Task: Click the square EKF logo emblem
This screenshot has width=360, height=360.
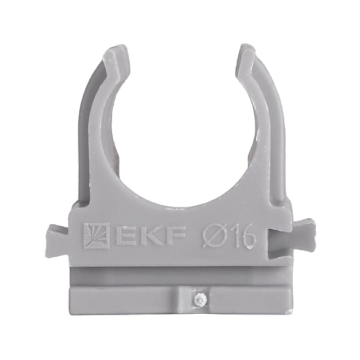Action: tap(96, 236)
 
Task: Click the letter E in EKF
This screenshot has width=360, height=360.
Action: tap(125, 236)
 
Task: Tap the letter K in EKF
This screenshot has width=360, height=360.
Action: tap(149, 236)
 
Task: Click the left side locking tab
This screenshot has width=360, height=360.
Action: tap(58, 241)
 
